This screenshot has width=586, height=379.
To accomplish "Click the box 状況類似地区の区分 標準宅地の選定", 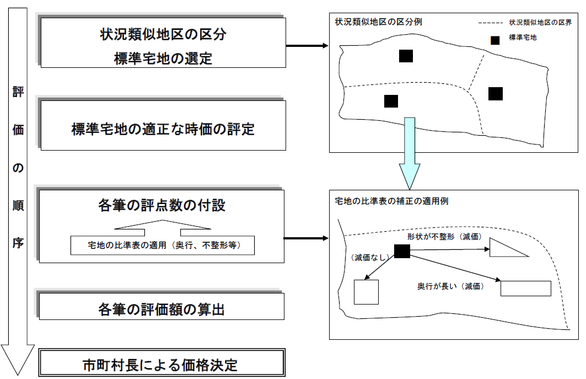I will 163,43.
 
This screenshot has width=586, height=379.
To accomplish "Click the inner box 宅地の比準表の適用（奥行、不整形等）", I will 163,244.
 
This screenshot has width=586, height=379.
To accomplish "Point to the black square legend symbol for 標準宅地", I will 496,40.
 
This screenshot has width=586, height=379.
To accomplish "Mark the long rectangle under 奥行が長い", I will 525,289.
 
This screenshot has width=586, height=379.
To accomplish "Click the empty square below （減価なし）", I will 366,292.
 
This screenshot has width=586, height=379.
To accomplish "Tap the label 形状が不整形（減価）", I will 445,236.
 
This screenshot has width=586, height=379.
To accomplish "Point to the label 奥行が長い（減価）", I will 450,287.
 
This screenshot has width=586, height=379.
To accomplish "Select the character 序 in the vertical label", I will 18,243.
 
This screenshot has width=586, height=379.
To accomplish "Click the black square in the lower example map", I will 402,251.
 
